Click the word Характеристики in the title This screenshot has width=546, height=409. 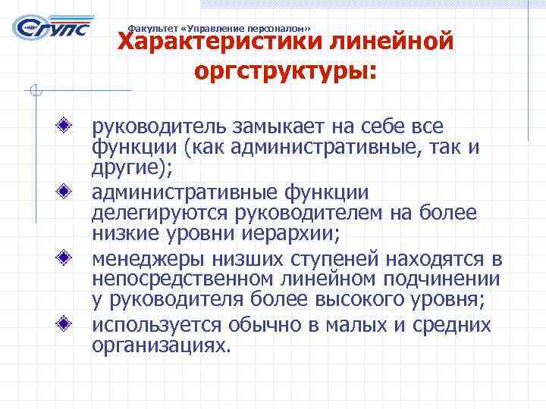click(221, 40)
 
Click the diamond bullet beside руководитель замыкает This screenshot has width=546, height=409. click(68, 122)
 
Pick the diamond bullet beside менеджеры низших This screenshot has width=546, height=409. click(68, 258)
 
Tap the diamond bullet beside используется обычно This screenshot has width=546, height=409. click(68, 324)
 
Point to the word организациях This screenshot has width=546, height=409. click(159, 346)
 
